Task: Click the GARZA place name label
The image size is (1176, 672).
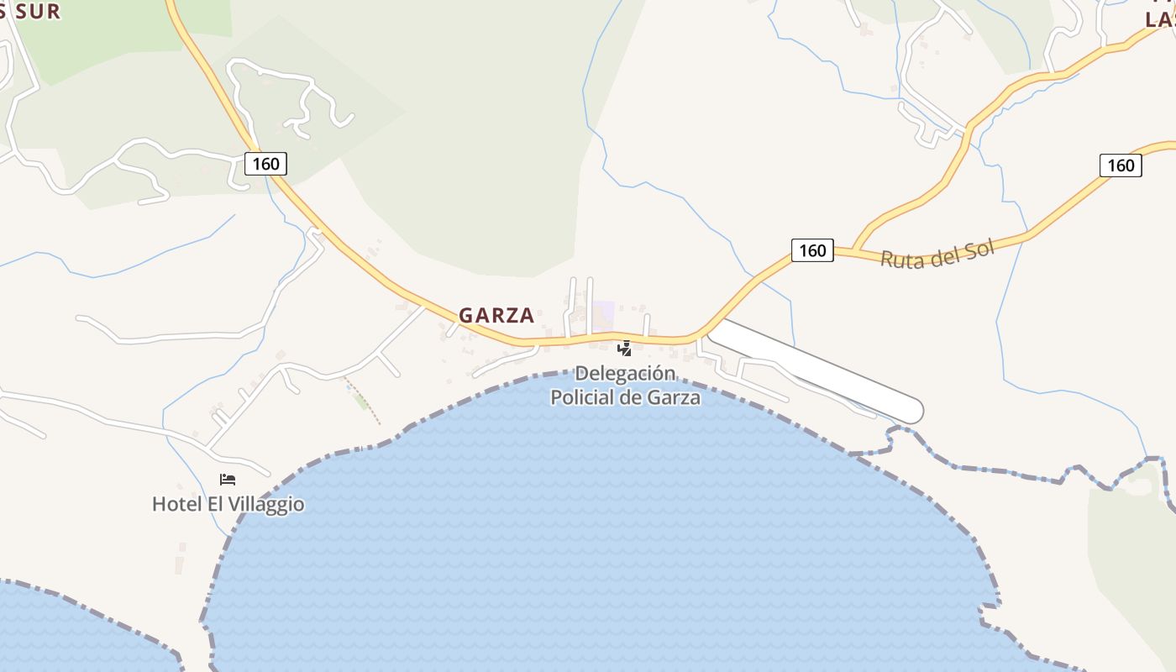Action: point(496,315)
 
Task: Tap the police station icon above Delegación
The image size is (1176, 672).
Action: point(624,348)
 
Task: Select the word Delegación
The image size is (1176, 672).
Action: point(625,374)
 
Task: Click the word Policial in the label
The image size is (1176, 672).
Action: point(582,397)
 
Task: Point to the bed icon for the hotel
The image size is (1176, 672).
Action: point(228,480)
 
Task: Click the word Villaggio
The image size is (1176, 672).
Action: point(264,505)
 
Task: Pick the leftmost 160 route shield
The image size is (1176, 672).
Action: point(265,163)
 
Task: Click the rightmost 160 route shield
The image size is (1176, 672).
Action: point(1121,165)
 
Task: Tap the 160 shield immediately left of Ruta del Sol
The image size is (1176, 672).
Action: point(812,249)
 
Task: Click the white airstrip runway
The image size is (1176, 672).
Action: point(815,370)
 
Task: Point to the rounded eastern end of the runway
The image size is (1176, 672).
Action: point(914,411)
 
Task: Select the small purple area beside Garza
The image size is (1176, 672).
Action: point(603,314)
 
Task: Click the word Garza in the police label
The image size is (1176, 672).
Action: point(674,397)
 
